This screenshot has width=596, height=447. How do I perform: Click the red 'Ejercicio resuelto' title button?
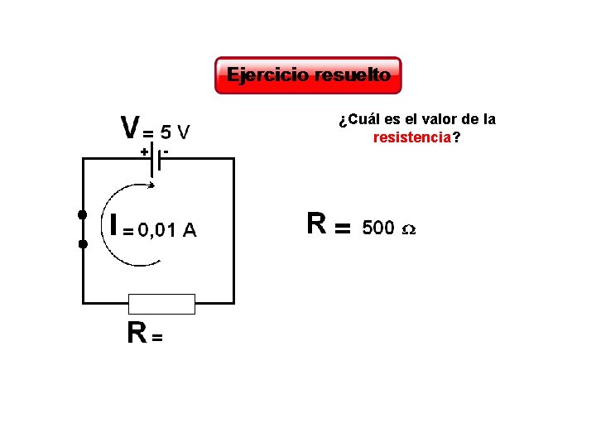click(308, 75)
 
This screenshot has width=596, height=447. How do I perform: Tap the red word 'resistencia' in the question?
click(412, 137)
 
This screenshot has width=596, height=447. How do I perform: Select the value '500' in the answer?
click(378, 228)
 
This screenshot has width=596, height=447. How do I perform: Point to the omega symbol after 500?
click(408, 229)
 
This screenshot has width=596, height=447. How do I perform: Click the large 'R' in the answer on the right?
click(315, 223)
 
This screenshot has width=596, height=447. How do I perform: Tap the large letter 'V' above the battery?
click(130, 128)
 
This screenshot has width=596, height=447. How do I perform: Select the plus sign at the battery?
click(143, 152)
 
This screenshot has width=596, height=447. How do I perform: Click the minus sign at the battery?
click(166, 151)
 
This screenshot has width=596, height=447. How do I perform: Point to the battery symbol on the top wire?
click(155, 160)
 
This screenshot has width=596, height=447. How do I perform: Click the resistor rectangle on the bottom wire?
click(162, 304)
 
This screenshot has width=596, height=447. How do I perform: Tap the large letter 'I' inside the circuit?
click(114, 224)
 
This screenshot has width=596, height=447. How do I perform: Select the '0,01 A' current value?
click(167, 230)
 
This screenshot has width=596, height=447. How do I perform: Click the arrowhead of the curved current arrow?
click(156, 259)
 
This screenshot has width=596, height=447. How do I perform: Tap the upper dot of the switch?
click(82, 215)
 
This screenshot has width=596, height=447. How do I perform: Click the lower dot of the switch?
click(82, 244)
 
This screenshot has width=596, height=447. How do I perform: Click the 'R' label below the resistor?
click(137, 332)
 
